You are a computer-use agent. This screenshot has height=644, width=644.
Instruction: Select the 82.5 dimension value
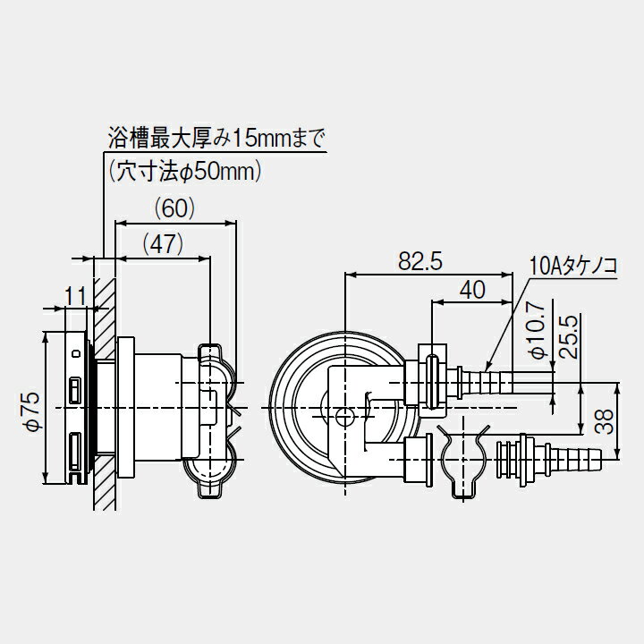click(421, 261)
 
